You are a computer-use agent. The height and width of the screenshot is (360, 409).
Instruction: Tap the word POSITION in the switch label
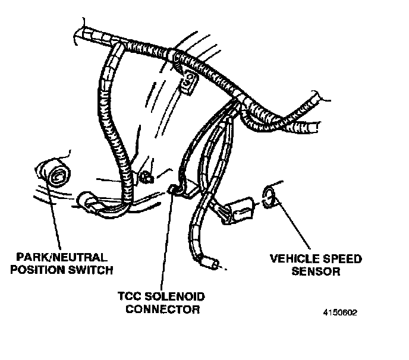coord(40,271)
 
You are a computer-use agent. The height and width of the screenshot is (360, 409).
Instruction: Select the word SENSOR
coord(318,272)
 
